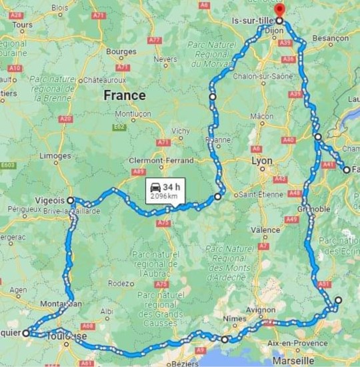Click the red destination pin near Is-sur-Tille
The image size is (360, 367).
tap(279, 11)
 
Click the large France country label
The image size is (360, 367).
tap(124, 95)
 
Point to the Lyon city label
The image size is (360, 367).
tap(262, 161)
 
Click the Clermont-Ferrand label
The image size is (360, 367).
tap(161, 160)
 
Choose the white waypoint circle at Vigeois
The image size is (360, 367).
tap(70, 200)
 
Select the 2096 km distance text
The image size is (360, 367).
tap(164, 197)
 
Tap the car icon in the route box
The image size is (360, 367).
tap(155, 187)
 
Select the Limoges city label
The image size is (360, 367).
tap(55, 155)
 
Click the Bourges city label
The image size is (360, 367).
tap(121, 51)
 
